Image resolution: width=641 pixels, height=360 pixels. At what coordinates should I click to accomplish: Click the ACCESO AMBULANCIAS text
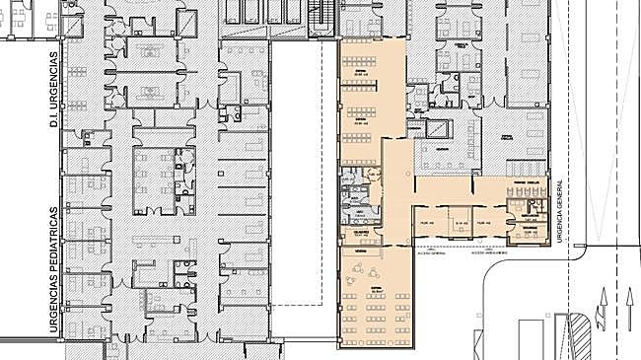pyautogui.click(x=490, y=252)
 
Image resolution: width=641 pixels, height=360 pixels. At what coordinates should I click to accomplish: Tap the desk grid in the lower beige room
pyautogui.click(x=375, y=306)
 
